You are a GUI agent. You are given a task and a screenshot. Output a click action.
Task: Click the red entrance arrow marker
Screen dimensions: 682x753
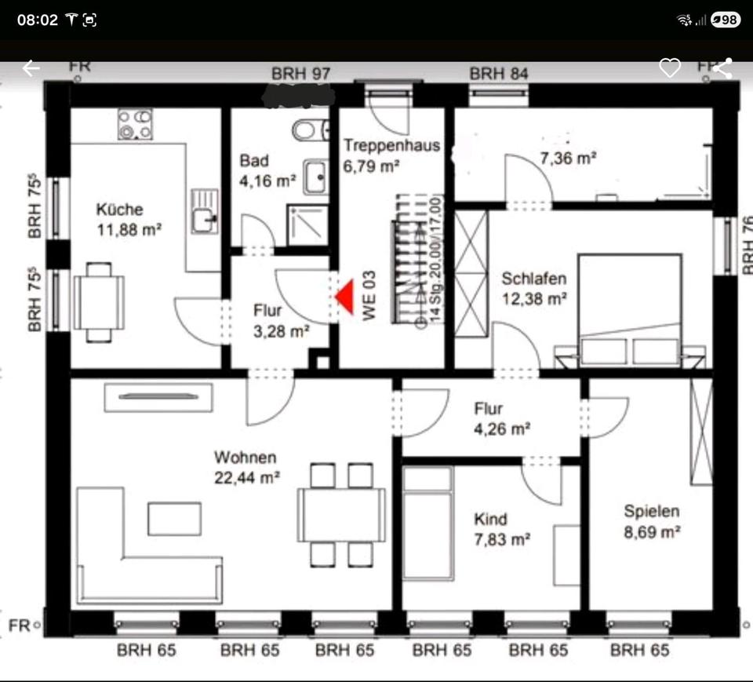coord(344,297)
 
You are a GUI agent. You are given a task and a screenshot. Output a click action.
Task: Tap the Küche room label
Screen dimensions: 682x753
coord(119,210)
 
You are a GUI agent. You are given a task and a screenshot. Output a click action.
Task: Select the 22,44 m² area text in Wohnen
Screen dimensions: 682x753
coord(247,476)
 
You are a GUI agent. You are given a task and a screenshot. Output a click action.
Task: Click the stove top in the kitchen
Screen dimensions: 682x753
coord(134,124)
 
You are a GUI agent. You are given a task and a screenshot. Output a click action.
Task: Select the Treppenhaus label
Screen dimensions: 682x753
coord(391,145)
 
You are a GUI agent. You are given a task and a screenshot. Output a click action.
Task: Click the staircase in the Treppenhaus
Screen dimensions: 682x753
coord(407,267)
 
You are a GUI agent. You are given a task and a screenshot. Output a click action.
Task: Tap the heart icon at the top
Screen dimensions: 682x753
coord(669,68)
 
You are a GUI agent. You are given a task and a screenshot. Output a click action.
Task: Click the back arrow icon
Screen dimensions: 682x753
coord(31,68)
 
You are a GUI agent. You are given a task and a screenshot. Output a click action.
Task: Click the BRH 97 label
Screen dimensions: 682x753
coord(301,74)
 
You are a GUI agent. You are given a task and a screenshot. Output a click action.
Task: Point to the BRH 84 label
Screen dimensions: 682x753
coord(499,74)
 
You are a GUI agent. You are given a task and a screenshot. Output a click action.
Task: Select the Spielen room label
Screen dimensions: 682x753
coord(651,512)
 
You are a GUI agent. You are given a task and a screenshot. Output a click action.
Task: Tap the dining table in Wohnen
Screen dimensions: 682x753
coord(341,515)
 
